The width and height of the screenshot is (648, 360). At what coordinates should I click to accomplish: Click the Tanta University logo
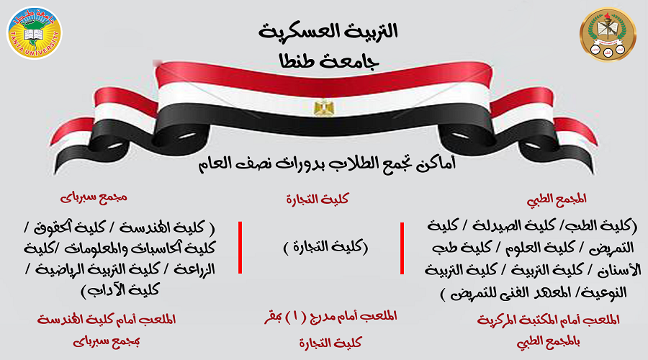35,32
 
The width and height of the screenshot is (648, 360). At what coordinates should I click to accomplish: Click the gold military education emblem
608,34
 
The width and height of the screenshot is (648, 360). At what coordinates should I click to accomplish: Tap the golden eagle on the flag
323,107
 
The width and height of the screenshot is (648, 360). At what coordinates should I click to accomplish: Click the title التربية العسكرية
328,32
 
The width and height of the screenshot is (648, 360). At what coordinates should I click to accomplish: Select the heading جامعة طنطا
329,62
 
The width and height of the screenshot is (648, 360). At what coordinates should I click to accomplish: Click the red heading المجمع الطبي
557,199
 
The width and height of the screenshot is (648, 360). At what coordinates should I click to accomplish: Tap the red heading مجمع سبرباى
94,197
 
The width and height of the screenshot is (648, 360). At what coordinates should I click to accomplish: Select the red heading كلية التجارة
318,199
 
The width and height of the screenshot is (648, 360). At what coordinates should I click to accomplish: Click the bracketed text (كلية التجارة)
325,247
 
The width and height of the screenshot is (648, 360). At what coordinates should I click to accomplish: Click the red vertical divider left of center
240,248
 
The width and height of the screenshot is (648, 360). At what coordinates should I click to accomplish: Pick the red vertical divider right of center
402,248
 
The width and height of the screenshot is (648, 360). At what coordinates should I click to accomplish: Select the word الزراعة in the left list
194,269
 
